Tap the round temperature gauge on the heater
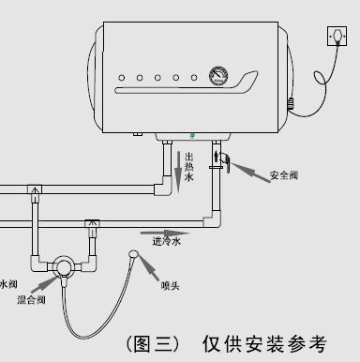(218, 77)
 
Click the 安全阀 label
(285, 174)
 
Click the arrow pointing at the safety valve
(246, 170)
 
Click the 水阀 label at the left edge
(8, 282)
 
